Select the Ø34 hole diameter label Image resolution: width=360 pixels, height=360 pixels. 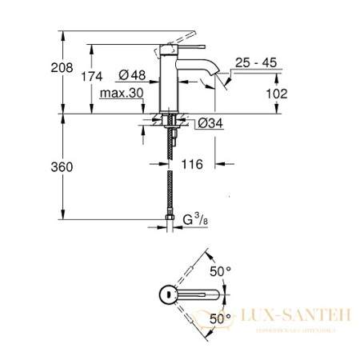coord(210,123)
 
